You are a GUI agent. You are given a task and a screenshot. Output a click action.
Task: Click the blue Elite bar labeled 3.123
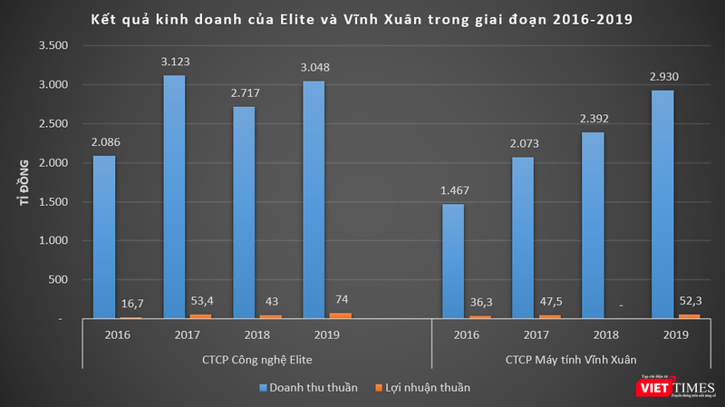click(x=174, y=197)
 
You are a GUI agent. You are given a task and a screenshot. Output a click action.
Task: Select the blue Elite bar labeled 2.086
click(x=105, y=237)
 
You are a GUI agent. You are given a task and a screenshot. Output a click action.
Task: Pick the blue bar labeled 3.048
click(x=314, y=199)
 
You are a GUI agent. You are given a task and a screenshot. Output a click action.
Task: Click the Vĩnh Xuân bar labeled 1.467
click(x=453, y=261)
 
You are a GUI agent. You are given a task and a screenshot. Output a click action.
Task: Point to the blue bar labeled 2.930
click(x=662, y=204)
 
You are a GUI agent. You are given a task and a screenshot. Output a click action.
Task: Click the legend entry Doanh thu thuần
click(x=307, y=388)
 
